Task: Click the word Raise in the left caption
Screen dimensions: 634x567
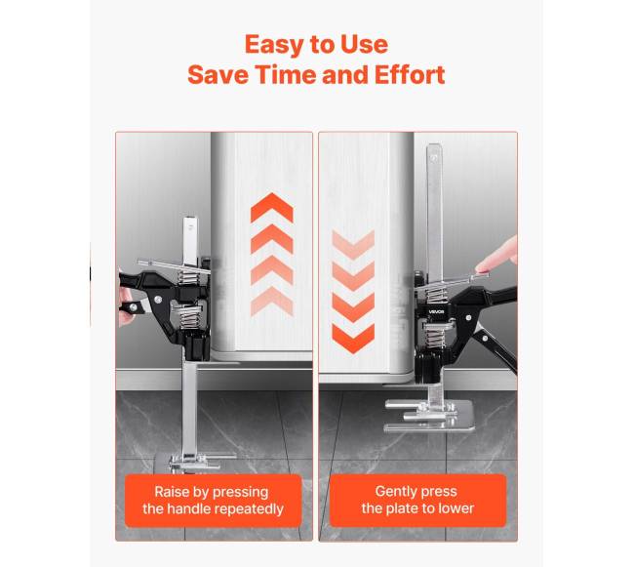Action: point(172,492)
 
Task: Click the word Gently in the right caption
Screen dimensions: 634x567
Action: point(395,492)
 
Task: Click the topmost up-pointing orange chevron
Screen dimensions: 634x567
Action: point(272,208)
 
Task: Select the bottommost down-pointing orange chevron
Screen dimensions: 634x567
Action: point(353,339)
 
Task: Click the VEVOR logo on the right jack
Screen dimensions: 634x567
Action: point(436,312)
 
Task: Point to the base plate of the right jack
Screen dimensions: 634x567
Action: point(428,416)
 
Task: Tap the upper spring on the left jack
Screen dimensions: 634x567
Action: point(189,277)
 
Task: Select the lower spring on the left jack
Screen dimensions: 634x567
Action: point(190,317)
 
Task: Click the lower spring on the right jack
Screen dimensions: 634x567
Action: point(434,336)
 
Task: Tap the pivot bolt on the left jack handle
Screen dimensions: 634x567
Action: point(158,300)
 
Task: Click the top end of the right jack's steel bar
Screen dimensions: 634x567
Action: point(434,146)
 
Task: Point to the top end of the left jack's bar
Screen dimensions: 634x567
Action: point(190,220)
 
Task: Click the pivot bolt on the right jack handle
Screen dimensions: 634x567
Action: point(468,318)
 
